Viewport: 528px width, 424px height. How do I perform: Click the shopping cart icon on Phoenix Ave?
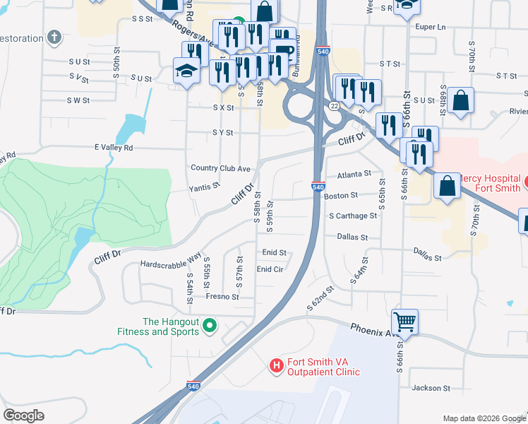click(404, 323)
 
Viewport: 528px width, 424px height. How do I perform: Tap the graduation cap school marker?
click(186, 71)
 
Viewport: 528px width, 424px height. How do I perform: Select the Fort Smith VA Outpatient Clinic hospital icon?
click(276, 365)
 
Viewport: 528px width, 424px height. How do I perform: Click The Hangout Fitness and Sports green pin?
click(209, 326)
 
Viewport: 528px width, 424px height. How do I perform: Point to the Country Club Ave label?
click(221, 168)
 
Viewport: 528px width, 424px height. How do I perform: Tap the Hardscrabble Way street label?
click(171, 263)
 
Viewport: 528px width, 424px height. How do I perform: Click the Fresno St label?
click(222, 298)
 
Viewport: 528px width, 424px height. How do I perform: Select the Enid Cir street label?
click(270, 269)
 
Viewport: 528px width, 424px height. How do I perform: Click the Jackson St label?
click(431, 388)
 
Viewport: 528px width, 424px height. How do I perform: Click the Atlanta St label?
click(354, 174)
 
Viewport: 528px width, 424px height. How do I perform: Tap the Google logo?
click(24, 416)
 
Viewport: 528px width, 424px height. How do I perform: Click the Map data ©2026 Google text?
click(484, 418)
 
